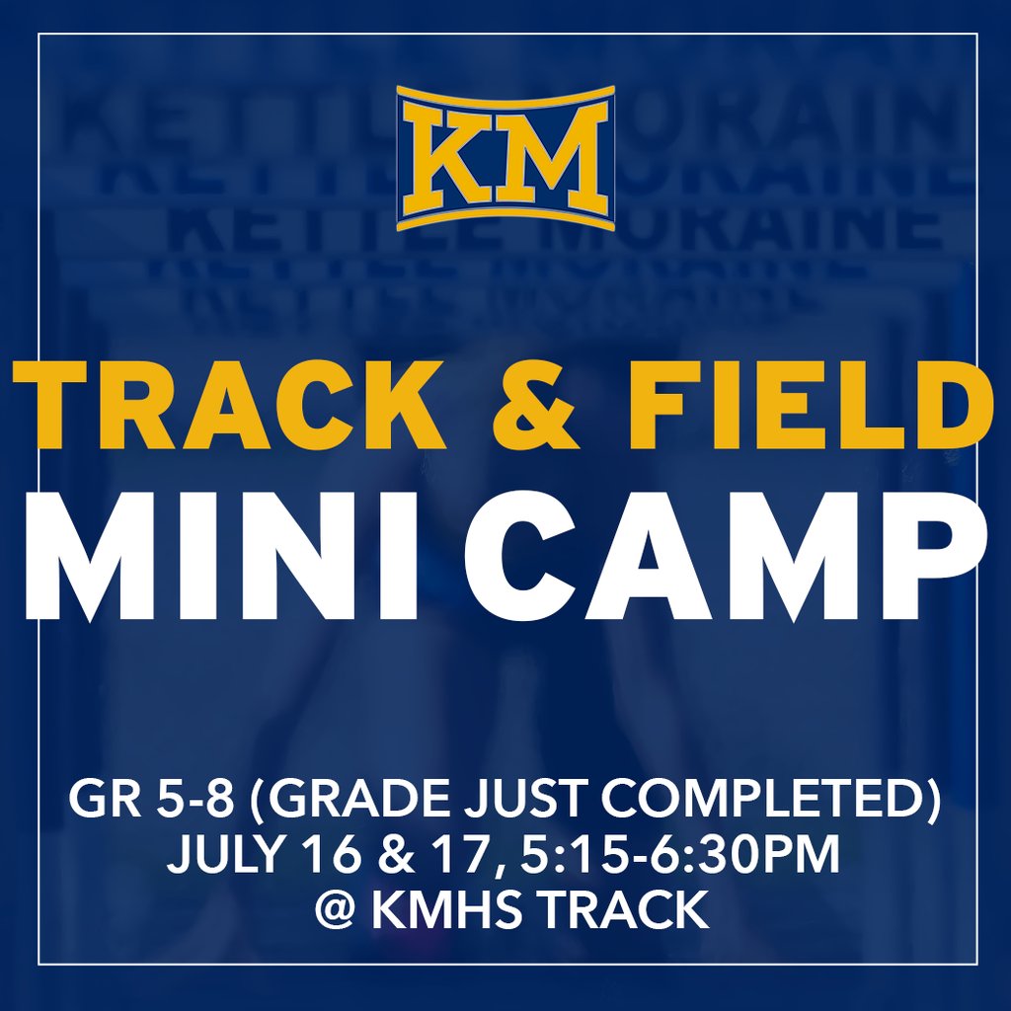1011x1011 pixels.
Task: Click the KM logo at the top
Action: pyautogui.click(x=505, y=158)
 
